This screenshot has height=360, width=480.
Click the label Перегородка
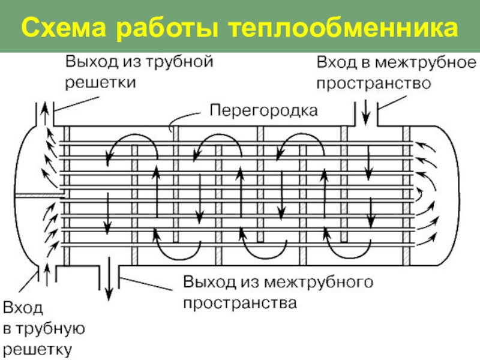pos(264,110)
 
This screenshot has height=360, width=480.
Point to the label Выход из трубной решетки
pos(139,71)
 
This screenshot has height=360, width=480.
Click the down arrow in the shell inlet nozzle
pos(366,109)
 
